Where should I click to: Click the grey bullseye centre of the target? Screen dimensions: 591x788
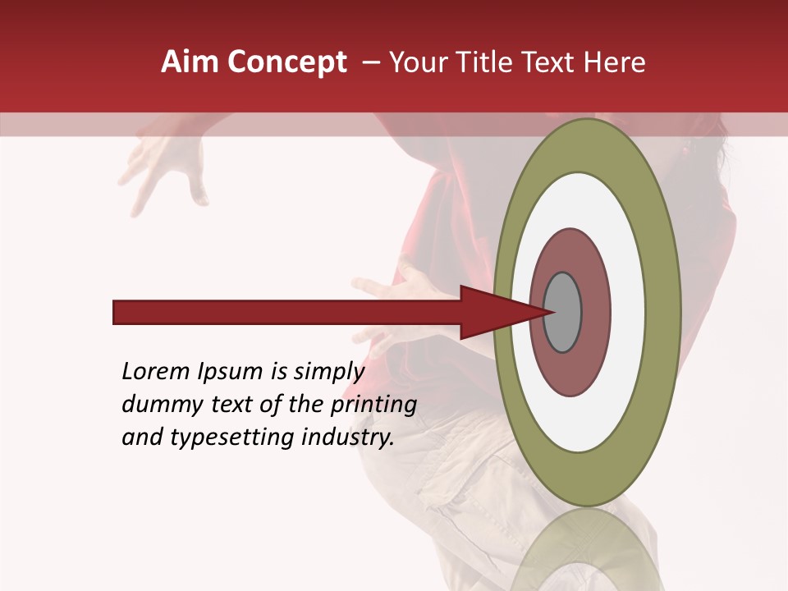[x=563, y=312]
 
